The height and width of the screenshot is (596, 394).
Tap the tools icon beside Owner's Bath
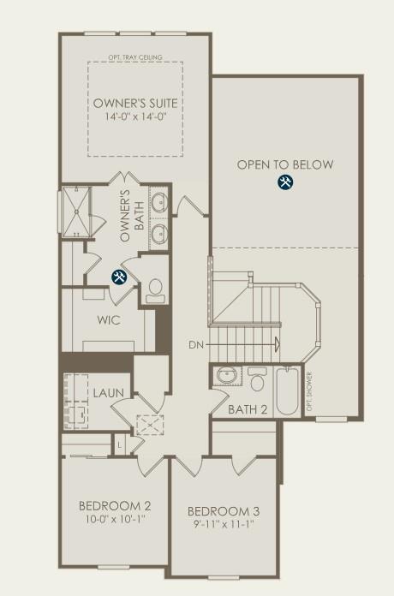click(x=120, y=276)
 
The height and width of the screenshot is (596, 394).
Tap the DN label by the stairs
click(x=196, y=345)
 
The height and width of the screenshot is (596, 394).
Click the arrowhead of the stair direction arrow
click(x=277, y=345)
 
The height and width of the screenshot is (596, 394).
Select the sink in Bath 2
click(x=228, y=378)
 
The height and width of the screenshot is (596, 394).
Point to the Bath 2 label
click(x=248, y=409)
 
